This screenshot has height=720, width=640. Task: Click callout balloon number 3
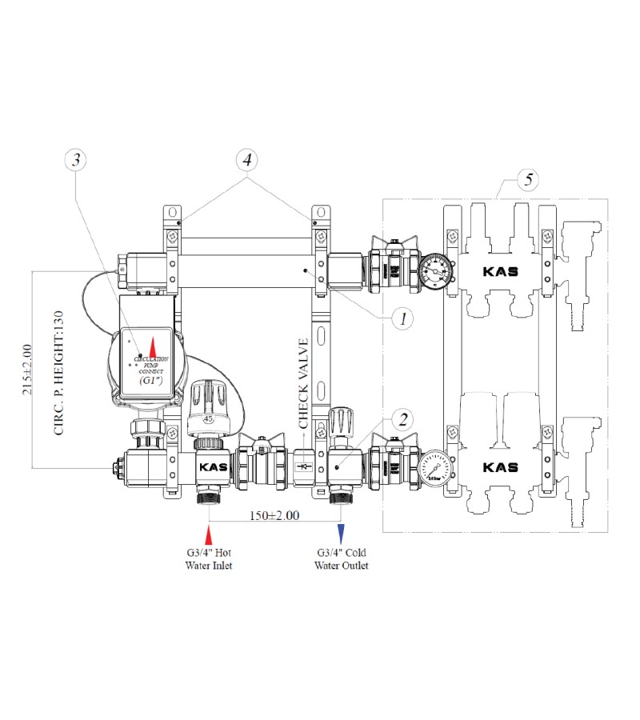pyautogui.click(x=76, y=160)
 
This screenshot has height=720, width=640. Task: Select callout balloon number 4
pyautogui.click(x=247, y=160)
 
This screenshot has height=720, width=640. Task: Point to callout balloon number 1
pyautogui.click(x=403, y=318)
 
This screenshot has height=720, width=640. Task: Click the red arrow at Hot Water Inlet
pyautogui.click(x=209, y=534)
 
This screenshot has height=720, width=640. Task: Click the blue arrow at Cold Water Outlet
pyautogui.click(x=342, y=534)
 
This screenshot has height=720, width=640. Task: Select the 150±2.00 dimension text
pyautogui.click(x=274, y=516)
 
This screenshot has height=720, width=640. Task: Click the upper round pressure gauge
pyautogui.click(x=436, y=270)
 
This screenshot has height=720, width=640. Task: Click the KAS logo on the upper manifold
pyautogui.click(x=500, y=271)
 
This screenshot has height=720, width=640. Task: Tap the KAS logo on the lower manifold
pyautogui.click(x=500, y=467)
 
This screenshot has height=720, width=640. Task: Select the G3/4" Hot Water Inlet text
pyautogui.click(x=209, y=559)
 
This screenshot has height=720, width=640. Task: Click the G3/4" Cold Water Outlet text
pyautogui.click(x=342, y=559)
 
